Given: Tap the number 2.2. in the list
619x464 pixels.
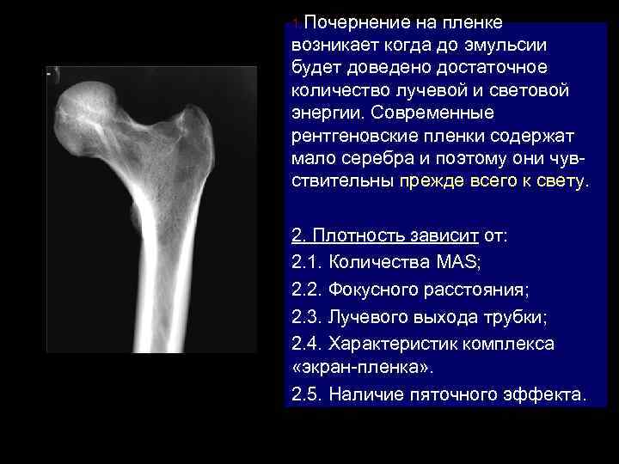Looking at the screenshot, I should (x=307, y=289).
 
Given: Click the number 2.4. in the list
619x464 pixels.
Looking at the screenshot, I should (x=307, y=344).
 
